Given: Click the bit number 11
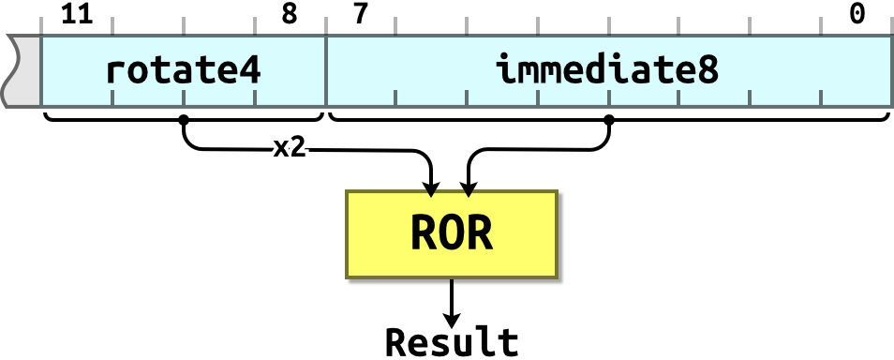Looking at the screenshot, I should pos(78,14).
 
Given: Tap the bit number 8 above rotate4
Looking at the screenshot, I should pos(290,14).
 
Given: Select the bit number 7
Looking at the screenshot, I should pos(361,14).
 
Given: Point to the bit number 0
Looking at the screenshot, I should pos(857,14).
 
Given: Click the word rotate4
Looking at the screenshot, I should pos(183,69).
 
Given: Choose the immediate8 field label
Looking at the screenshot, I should pos(607,69).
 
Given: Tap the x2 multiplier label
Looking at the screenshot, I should pos(288,147).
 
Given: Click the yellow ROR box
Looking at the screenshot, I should pos(452,234).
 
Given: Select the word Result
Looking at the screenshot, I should pos(452,342).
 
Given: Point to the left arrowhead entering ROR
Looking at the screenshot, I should pos(430,193).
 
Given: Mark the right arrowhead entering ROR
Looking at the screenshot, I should pos(469,193).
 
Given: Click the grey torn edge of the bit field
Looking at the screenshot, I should pos(21,71).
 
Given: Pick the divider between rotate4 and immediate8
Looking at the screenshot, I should pos(325,71).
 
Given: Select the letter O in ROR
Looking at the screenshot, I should pos(452,234).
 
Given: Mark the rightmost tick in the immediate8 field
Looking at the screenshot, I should pos(822,97).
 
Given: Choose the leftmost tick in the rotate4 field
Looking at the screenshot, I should pos(112,97).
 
